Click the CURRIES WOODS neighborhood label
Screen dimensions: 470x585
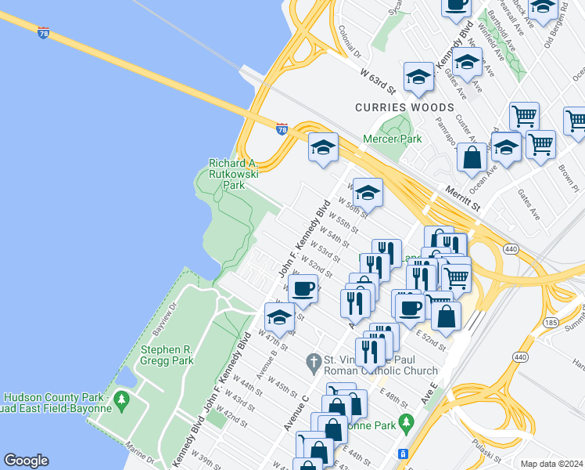404,107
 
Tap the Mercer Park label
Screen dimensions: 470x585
392,139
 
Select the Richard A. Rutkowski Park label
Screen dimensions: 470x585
233,175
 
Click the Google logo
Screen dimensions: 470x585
26,461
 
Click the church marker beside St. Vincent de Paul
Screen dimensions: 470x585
311,362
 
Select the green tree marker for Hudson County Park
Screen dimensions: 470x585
120,401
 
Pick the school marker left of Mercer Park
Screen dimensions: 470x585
323,146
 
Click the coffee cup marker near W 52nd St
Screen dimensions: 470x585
303,287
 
